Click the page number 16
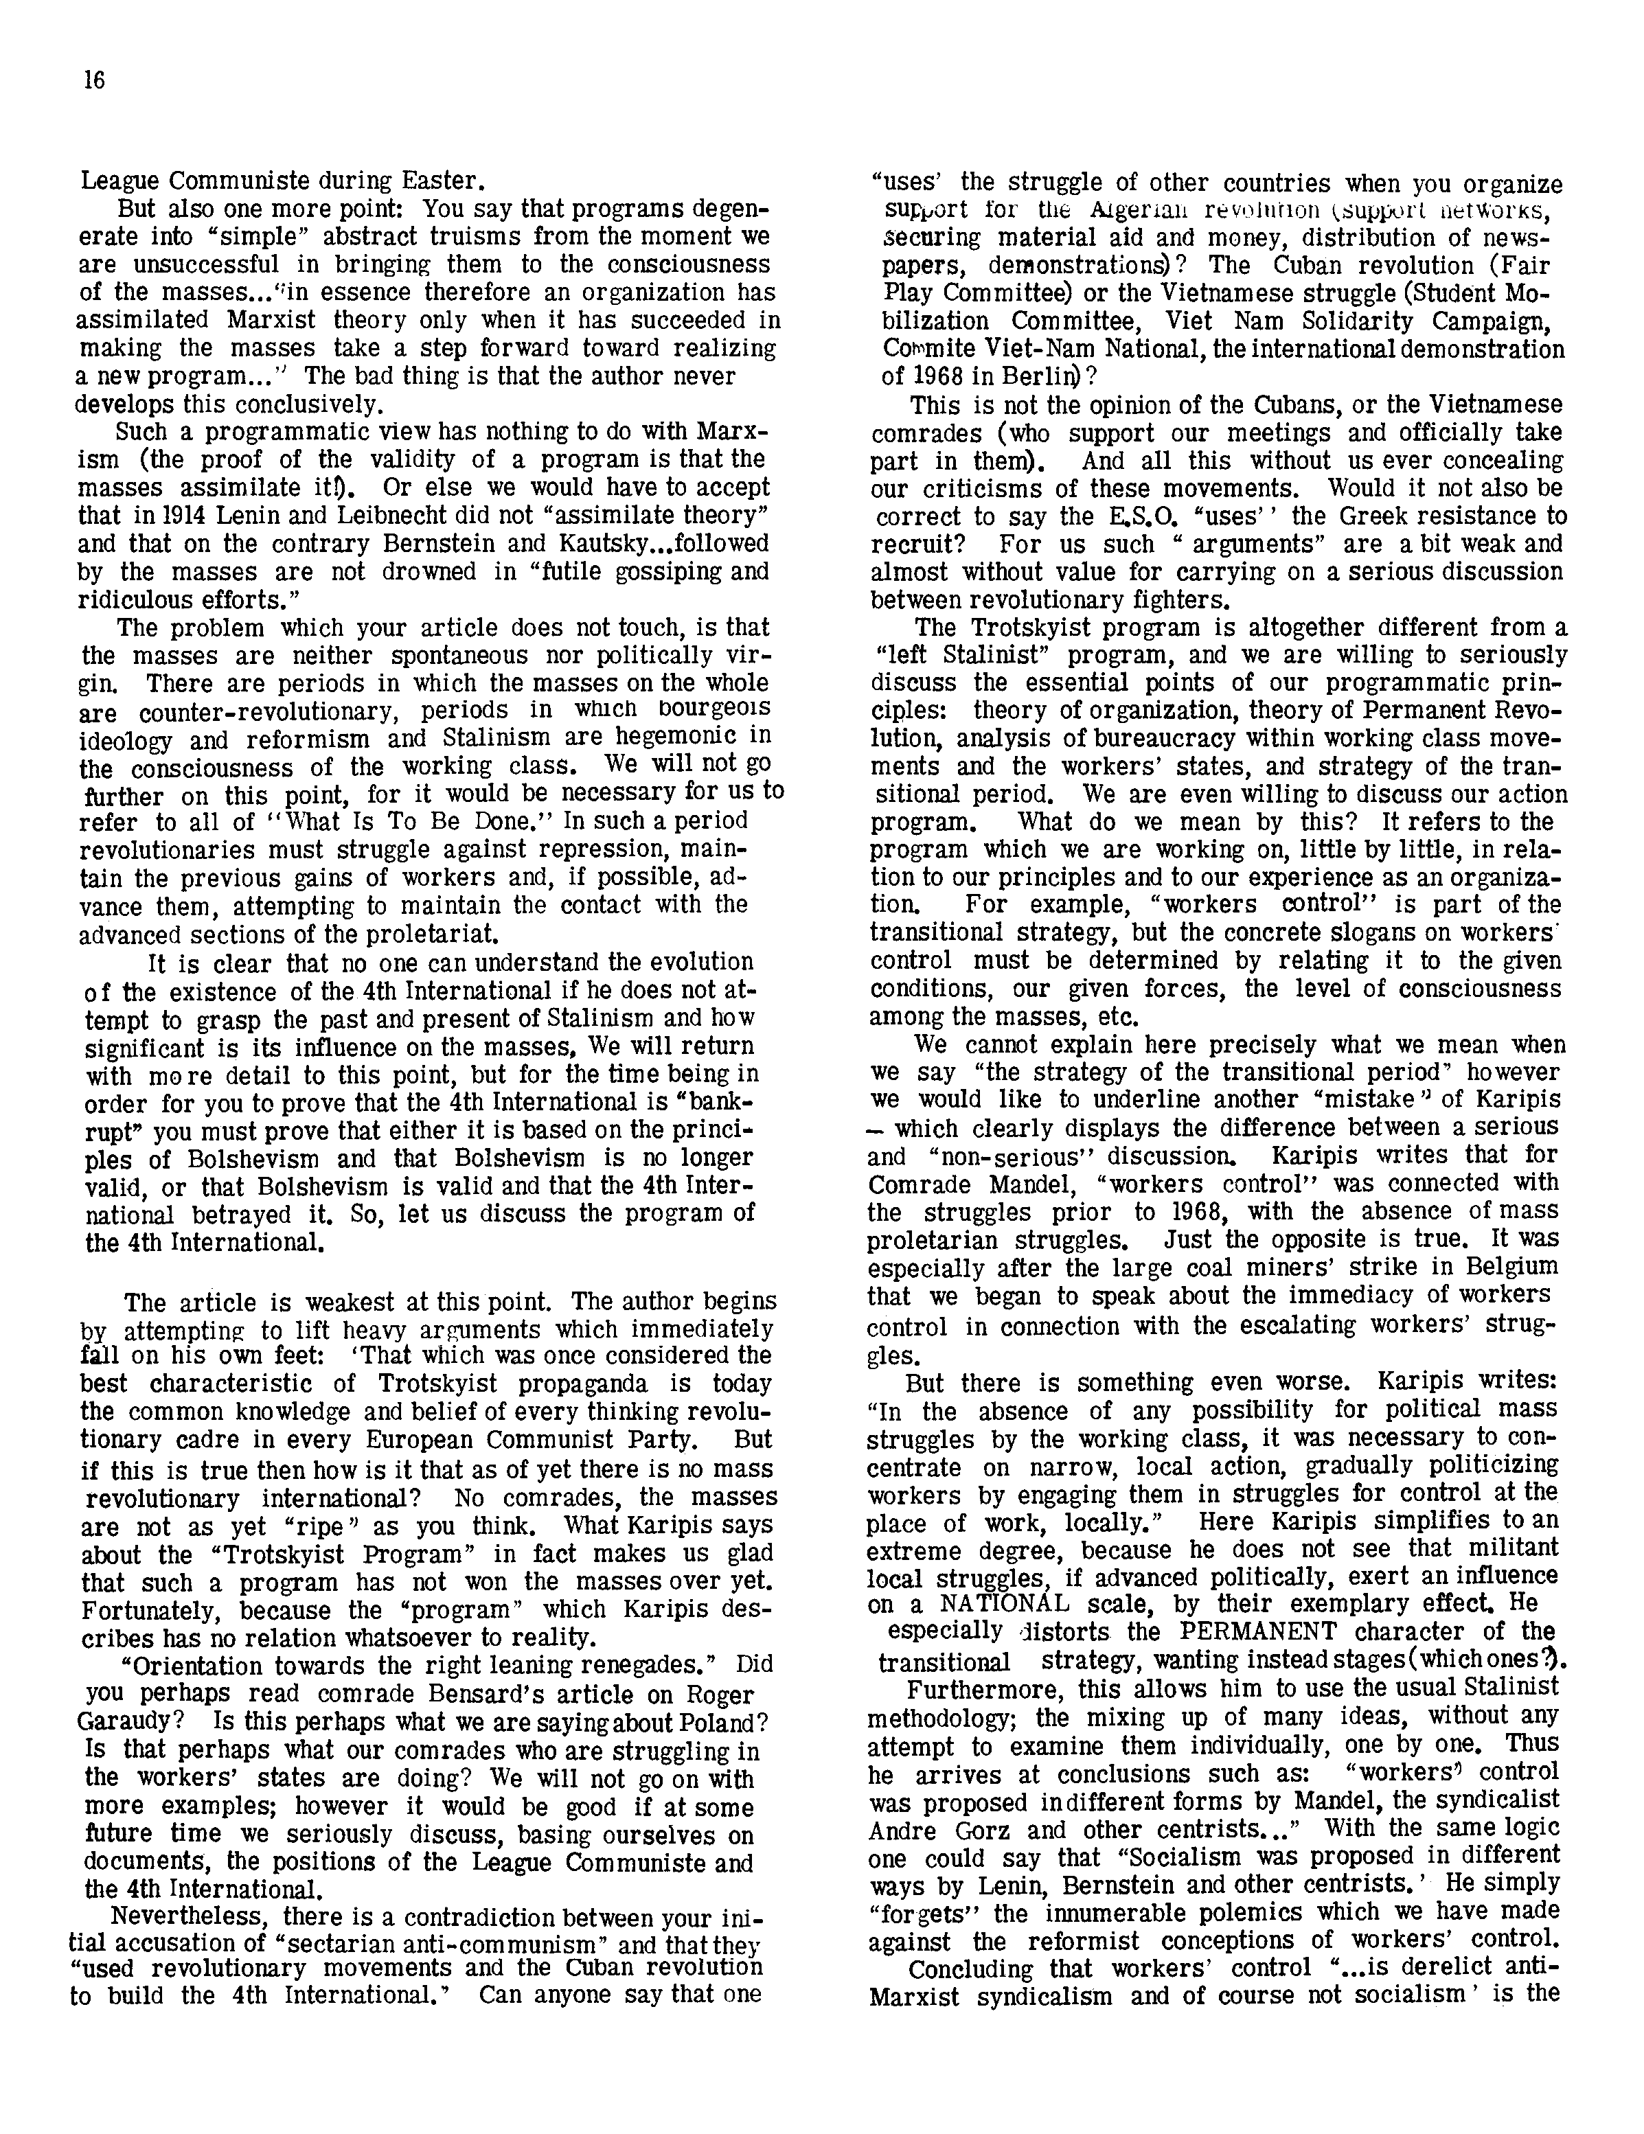94,81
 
